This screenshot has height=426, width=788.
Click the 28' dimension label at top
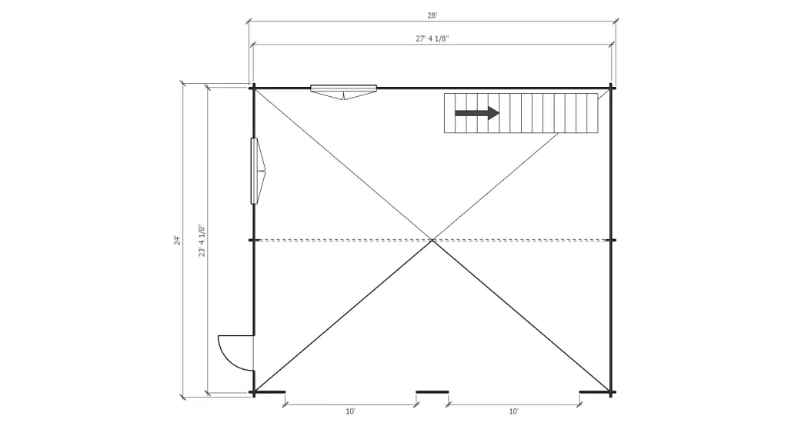click(x=432, y=15)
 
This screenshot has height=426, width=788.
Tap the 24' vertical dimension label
click(x=176, y=240)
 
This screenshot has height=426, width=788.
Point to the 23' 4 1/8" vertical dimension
click(x=202, y=240)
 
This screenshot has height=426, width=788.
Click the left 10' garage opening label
click(x=350, y=411)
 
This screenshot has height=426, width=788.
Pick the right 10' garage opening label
click(x=514, y=411)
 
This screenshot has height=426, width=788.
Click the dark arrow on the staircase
click(x=477, y=113)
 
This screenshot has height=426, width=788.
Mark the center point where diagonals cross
click(x=432, y=241)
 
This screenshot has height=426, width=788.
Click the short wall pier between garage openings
click(x=432, y=392)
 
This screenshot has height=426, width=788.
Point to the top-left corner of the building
click(x=253, y=88)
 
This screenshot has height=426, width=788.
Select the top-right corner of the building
click(x=612, y=88)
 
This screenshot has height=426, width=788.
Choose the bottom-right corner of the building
click(x=612, y=392)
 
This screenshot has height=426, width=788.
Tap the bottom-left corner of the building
click(x=253, y=392)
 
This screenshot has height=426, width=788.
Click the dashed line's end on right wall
click(x=612, y=241)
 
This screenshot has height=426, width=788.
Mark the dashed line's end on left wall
click(x=253, y=241)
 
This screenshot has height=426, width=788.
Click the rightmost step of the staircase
click(x=593, y=113)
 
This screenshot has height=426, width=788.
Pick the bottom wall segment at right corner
click(x=595, y=392)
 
